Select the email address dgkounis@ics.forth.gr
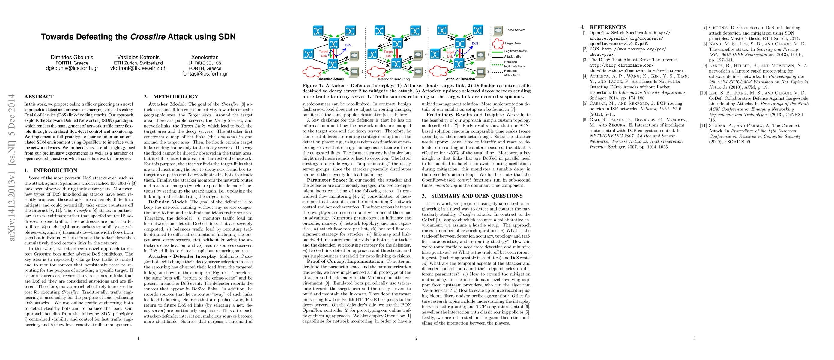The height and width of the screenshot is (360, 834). click(x=72, y=68)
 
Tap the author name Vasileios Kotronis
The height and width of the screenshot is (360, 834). click(x=138, y=57)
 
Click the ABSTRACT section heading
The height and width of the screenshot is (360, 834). click(x=39, y=97)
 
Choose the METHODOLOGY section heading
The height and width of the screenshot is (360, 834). click(x=175, y=97)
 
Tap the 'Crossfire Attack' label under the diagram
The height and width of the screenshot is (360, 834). click(x=330, y=79)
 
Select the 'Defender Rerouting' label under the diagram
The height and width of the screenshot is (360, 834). click(x=394, y=79)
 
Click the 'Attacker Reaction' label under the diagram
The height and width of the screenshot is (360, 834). click(x=460, y=79)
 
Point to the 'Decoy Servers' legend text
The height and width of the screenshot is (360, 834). click(x=515, y=30)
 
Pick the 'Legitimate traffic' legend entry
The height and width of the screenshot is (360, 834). click(x=516, y=51)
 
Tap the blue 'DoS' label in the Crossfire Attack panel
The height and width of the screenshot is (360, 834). click(x=348, y=45)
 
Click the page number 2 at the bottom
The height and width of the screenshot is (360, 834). click(x=416, y=338)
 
